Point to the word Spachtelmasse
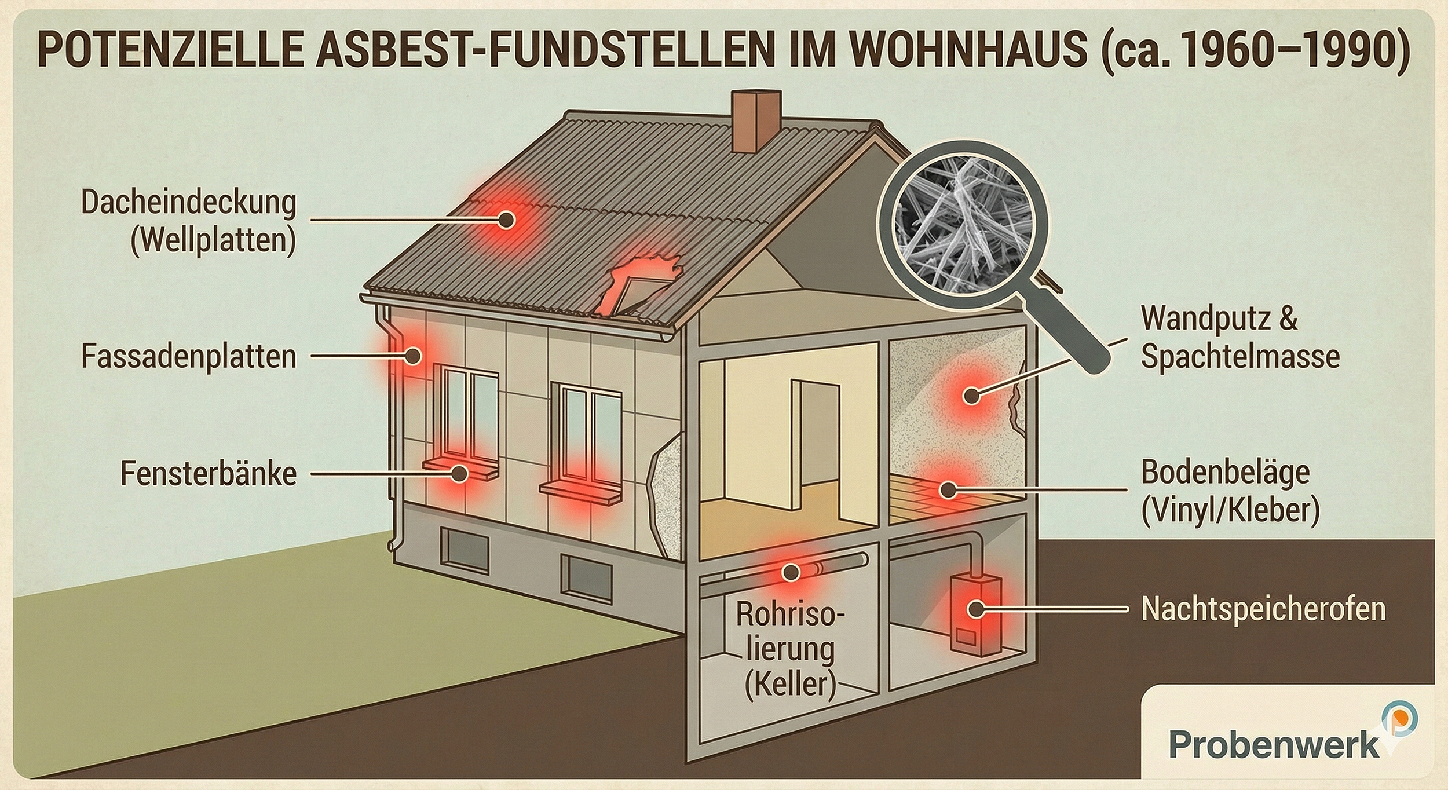click(1240, 356)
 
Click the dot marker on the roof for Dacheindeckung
click(507, 220)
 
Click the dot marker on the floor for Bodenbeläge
click(947, 490)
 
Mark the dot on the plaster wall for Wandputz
click(971, 396)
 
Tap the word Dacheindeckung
click(189, 203)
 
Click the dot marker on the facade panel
click(413, 355)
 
